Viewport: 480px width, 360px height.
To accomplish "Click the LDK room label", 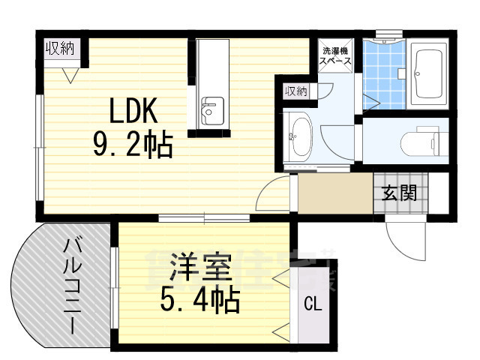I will [133, 112].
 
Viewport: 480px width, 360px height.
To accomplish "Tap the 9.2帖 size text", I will [133, 144].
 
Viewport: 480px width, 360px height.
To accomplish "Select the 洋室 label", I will [197, 268].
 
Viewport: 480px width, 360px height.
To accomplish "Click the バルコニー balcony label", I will [72, 285].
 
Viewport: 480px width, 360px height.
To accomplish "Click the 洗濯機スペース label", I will [334, 58].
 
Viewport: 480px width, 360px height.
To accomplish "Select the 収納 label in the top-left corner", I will [61, 50].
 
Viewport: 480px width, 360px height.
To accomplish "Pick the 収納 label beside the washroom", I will [295, 91].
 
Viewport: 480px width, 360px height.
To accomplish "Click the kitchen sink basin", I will [212, 112].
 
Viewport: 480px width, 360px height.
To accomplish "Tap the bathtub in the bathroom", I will [430, 75].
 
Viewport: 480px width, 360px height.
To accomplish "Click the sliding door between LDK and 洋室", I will [203, 218].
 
